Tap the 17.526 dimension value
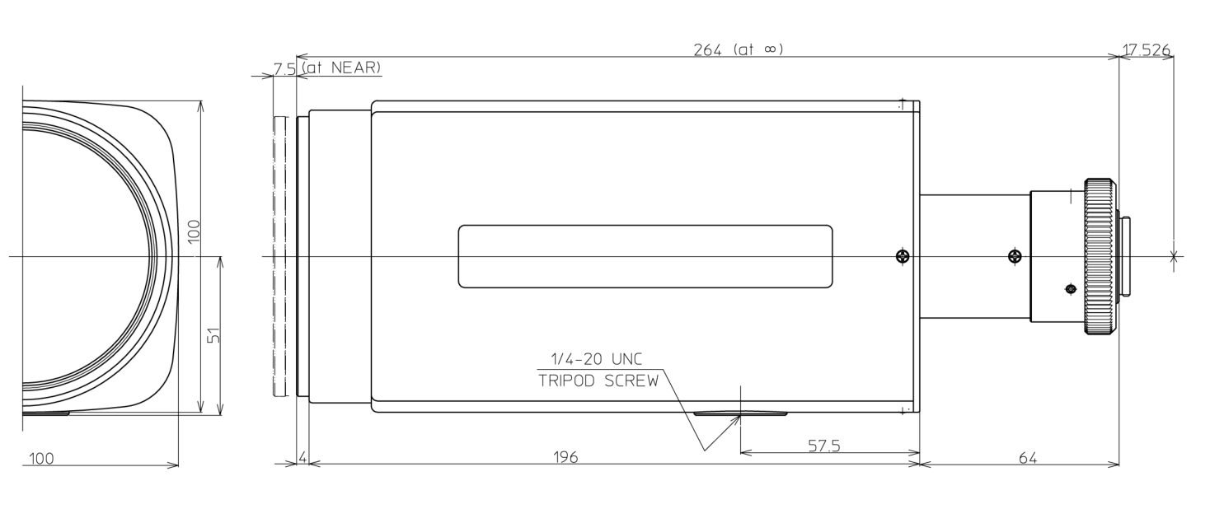(1146, 50)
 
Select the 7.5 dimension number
(285, 68)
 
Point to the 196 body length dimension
(565, 457)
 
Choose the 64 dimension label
(1027, 457)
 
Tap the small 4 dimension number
(302, 457)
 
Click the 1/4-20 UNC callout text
(595, 359)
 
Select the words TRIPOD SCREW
(598, 381)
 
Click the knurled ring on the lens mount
(1099, 256)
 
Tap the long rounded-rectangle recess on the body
(645, 256)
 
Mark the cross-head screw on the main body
(903, 257)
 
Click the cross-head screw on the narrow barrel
(1015, 257)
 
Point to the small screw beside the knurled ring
(1070, 288)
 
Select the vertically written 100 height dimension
(193, 231)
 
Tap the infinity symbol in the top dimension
(769, 49)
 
